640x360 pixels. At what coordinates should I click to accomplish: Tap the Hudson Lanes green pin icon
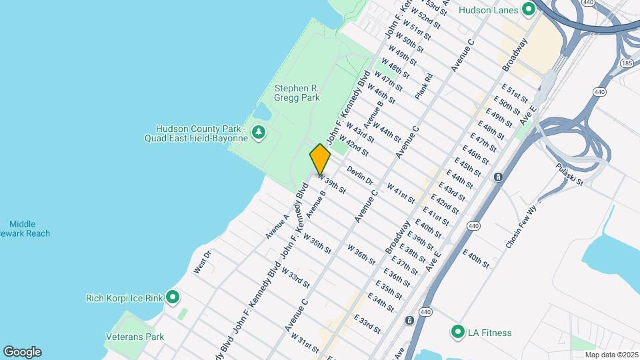tap(529, 9)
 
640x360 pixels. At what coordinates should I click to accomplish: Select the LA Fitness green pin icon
tap(457, 332)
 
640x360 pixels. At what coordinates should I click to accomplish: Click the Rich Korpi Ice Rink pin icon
tap(173, 297)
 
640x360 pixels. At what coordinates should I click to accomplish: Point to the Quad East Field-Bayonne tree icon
tap(259, 133)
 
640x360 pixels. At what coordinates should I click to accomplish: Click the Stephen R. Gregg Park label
tap(297, 93)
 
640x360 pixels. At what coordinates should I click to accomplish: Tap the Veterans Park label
tap(135, 337)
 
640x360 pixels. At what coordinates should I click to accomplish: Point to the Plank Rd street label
tap(424, 86)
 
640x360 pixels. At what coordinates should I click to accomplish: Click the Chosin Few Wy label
tap(521, 231)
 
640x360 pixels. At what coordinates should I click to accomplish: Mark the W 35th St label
tap(317, 243)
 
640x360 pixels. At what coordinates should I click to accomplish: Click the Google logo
tap(22, 352)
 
